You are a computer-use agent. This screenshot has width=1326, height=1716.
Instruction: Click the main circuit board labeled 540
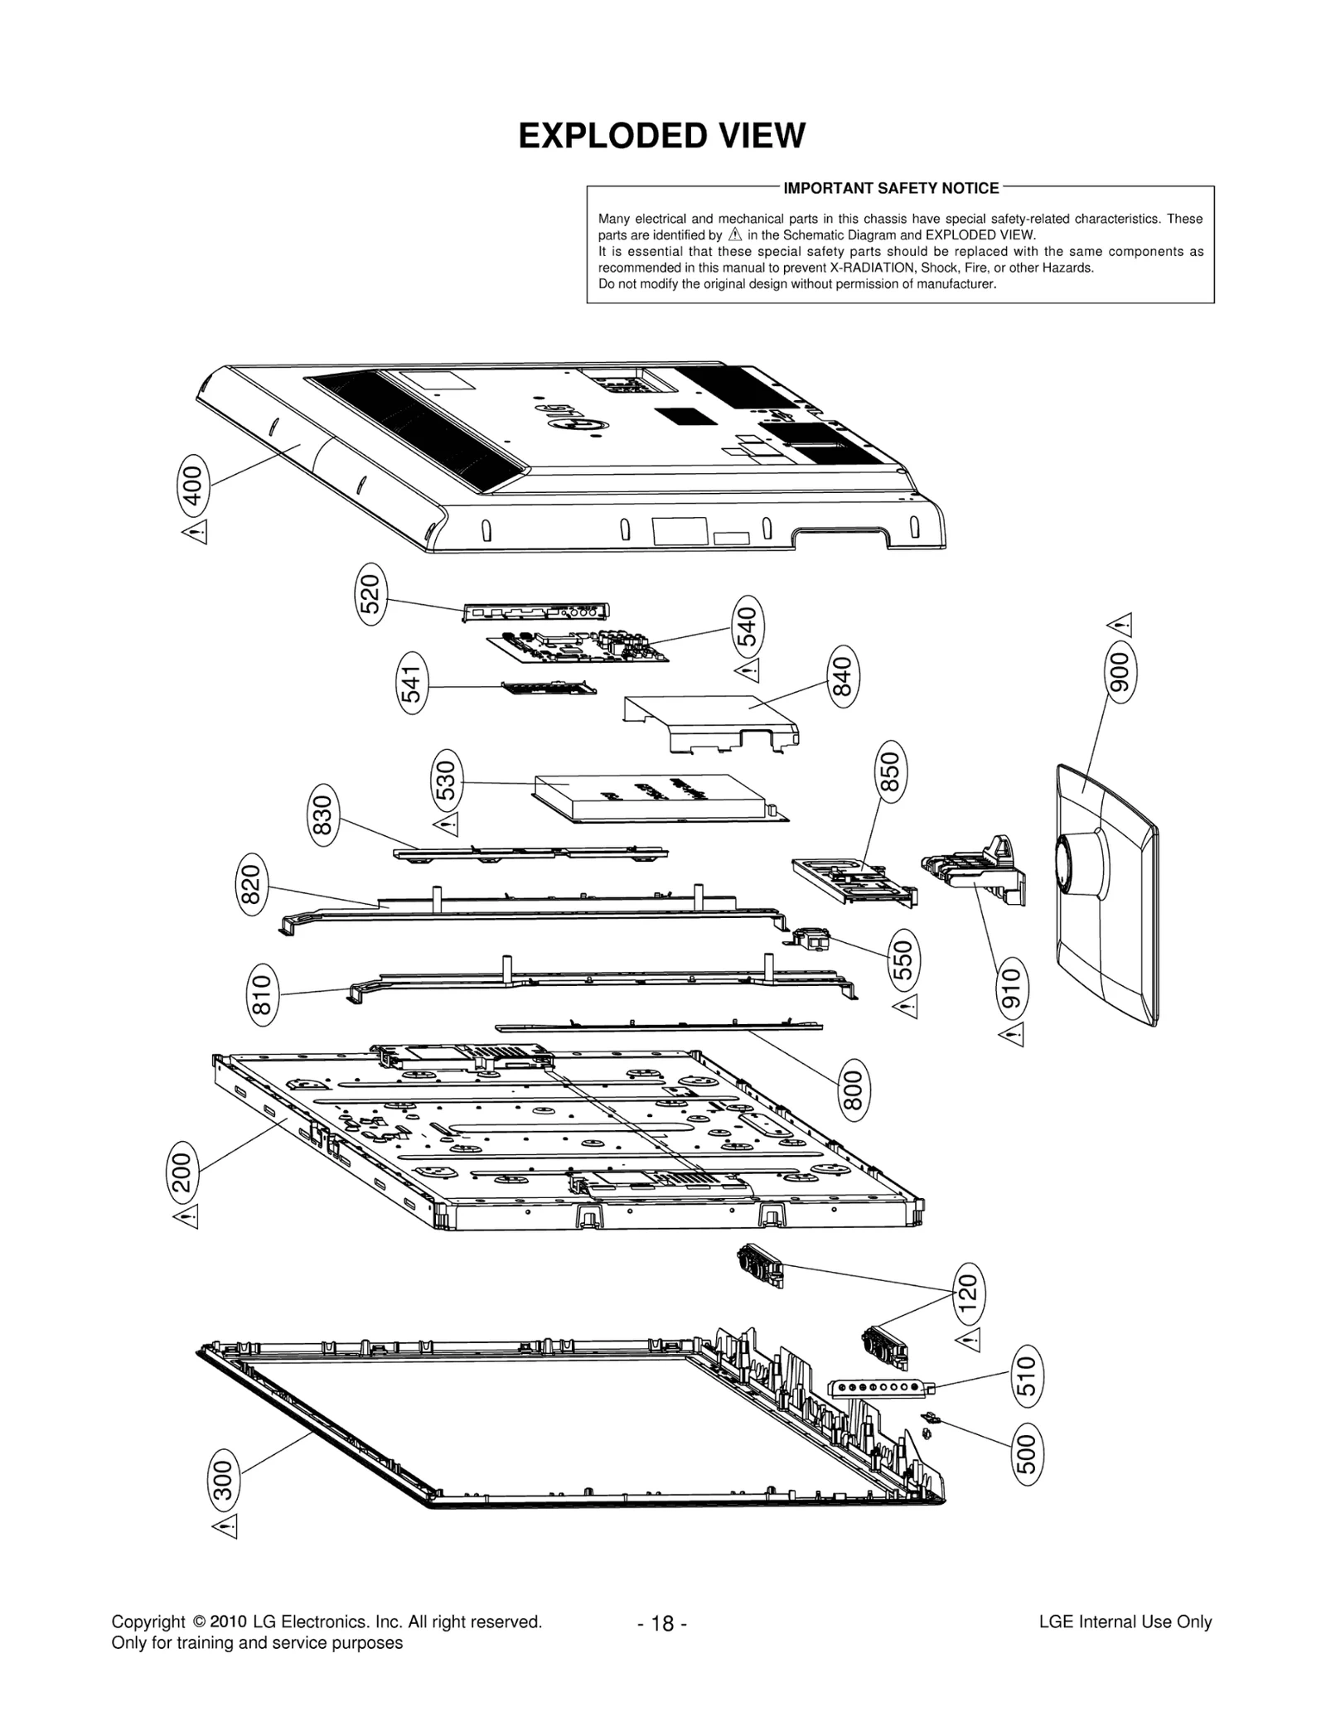click(x=578, y=648)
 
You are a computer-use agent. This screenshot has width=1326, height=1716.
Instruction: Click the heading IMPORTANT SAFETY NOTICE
click(x=891, y=188)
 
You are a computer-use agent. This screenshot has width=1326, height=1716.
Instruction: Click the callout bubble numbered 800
click(x=853, y=1091)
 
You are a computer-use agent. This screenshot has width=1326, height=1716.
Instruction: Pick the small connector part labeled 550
click(x=811, y=939)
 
